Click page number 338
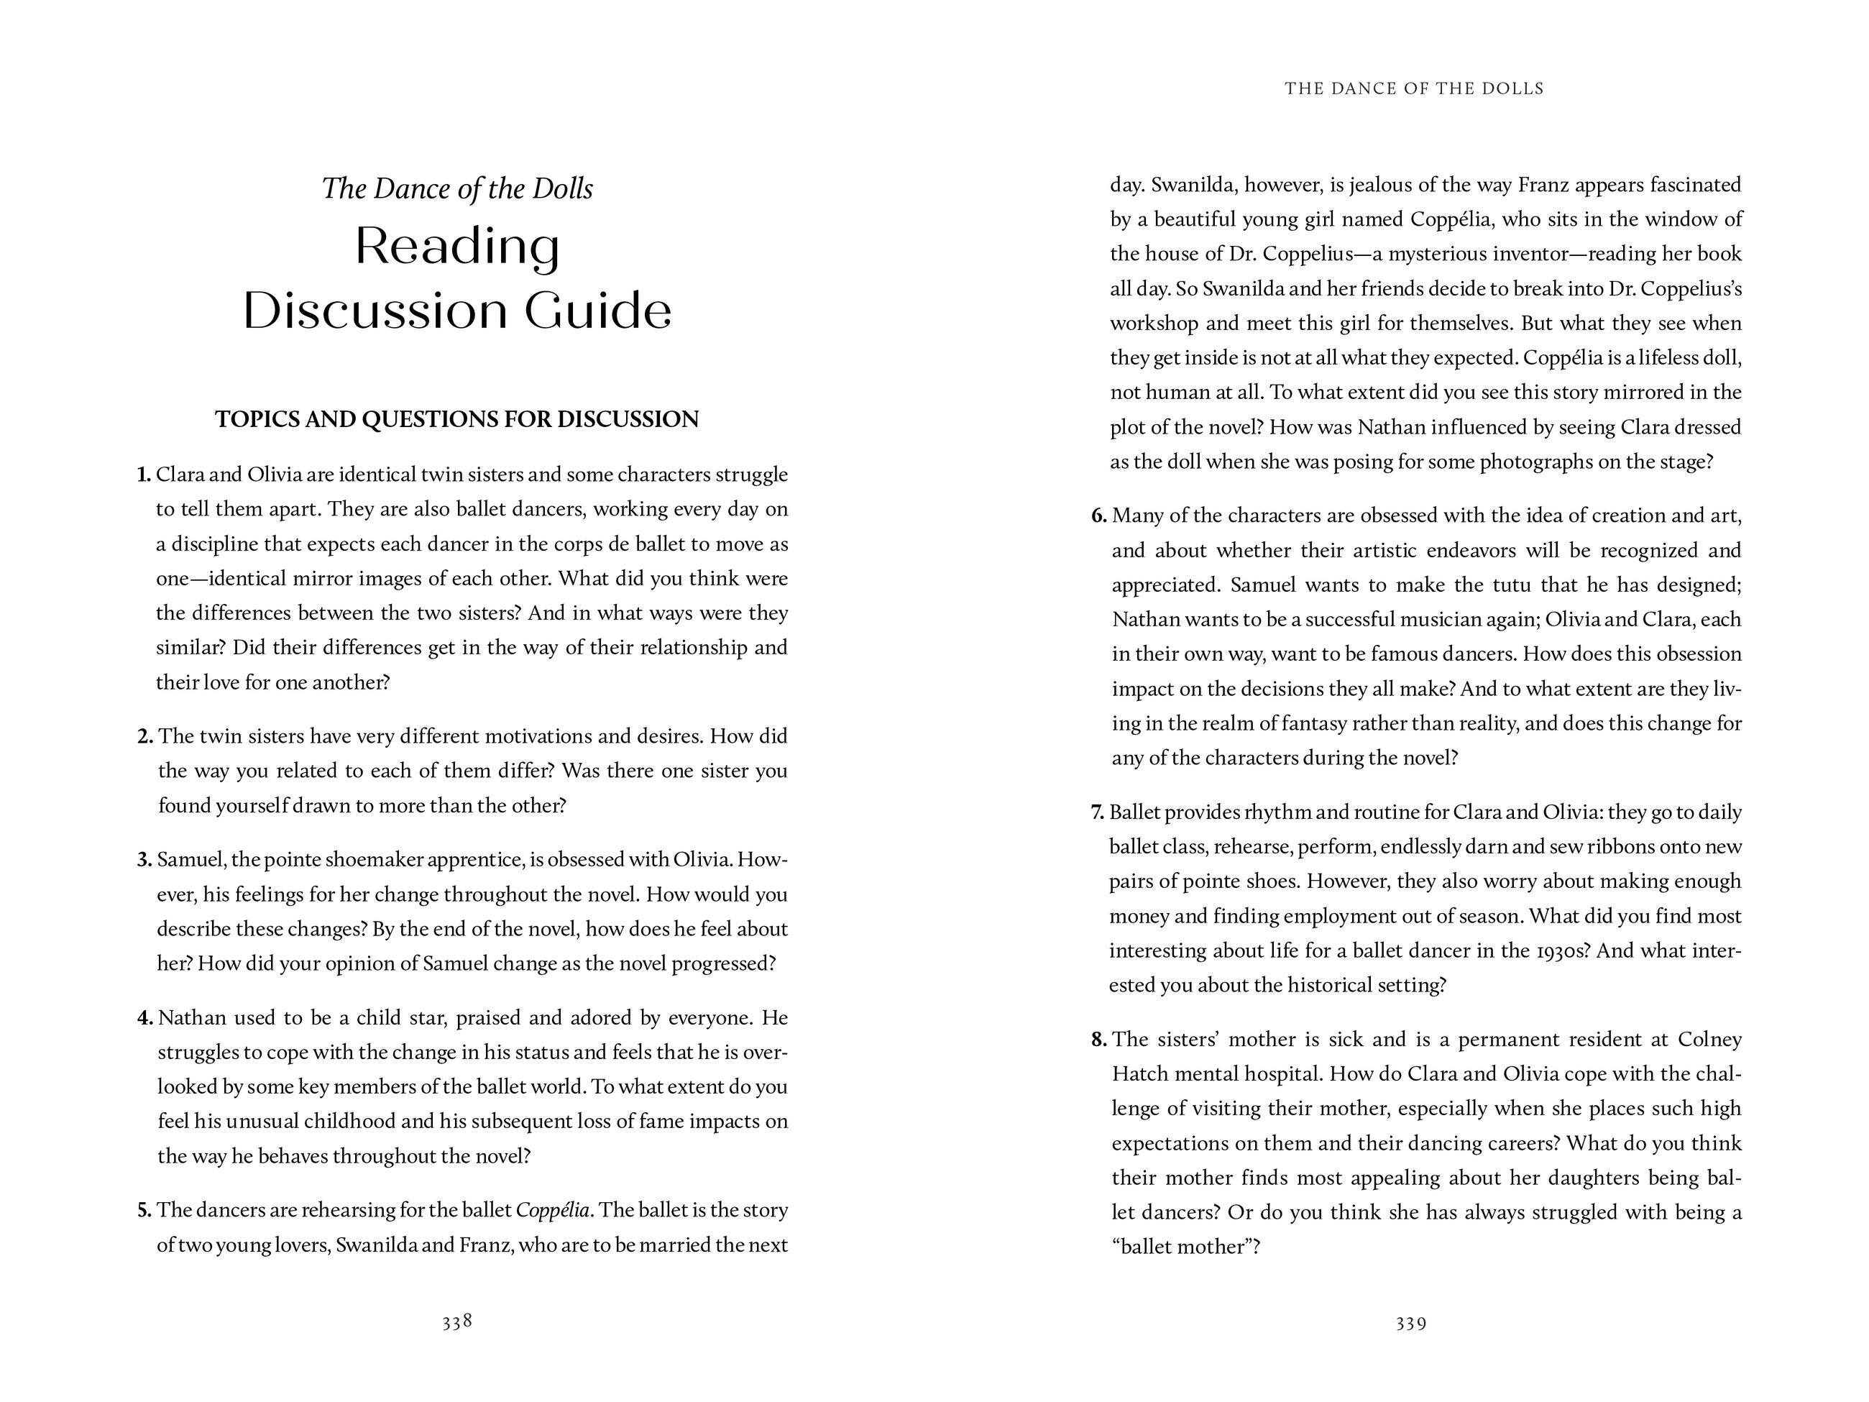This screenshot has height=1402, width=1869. (456, 1321)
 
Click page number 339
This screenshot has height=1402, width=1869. (1411, 1324)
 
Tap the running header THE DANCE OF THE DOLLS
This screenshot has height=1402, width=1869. (1413, 88)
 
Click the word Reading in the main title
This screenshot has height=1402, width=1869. (456, 247)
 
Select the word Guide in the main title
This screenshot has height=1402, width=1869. (597, 311)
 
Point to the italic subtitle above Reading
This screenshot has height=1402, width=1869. (457, 188)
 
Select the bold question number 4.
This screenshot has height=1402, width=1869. (144, 1018)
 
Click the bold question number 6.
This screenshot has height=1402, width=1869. (1098, 516)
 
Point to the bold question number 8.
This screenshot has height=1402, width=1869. (1098, 1040)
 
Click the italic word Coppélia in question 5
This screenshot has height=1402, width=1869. (553, 1210)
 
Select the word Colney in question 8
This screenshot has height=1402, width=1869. (1709, 1040)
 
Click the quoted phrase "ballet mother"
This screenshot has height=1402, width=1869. (1185, 1247)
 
